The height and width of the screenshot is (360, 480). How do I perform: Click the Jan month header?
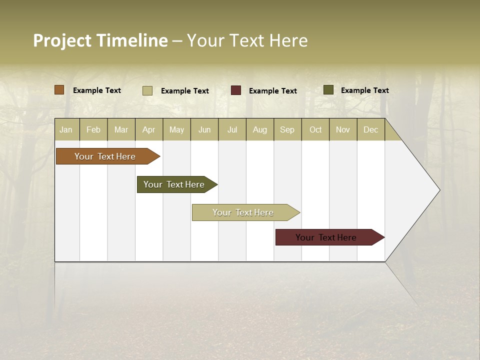click(x=66, y=129)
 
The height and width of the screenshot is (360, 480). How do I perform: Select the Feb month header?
click(x=93, y=129)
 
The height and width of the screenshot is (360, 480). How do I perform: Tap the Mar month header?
click(x=121, y=129)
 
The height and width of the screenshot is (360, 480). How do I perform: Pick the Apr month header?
click(x=149, y=129)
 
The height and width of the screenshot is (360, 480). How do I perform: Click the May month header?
click(x=176, y=129)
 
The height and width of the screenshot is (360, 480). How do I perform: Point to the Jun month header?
click(x=204, y=129)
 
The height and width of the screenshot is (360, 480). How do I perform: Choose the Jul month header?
click(x=232, y=129)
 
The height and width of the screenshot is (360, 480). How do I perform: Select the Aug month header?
click(x=260, y=129)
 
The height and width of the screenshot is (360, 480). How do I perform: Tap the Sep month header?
click(x=287, y=129)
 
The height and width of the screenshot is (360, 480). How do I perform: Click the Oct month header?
click(x=315, y=129)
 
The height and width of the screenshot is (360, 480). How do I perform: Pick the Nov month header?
click(x=343, y=129)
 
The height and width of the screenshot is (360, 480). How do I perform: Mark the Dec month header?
click(x=371, y=129)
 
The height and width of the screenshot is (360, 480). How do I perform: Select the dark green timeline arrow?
click(x=175, y=184)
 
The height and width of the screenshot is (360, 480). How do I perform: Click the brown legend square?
click(x=59, y=90)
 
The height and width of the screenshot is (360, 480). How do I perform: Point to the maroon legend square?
click(x=236, y=90)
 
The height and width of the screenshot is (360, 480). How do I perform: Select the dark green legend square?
click(x=328, y=90)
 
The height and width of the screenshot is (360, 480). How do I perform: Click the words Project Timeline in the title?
click(x=100, y=40)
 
